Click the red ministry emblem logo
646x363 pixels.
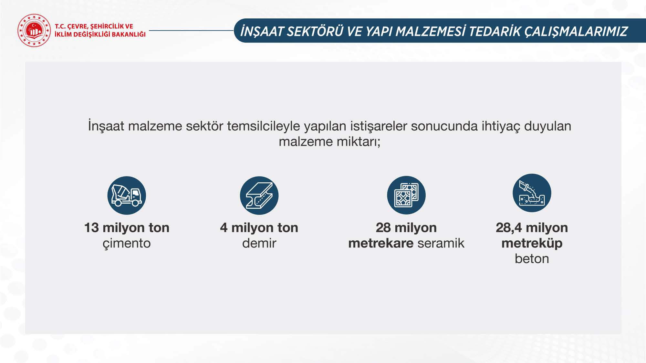point(34,30)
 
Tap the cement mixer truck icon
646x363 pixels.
point(127,196)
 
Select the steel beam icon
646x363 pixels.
point(259,196)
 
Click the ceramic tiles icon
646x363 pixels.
point(406,195)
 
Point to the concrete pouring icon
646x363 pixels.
point(532,193)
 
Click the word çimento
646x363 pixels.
point(127,243)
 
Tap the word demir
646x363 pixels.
point(259,243)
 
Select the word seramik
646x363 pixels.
point(441,243)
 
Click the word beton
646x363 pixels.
point(532,259)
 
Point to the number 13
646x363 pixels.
point(91,228)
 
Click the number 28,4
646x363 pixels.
point(509,228)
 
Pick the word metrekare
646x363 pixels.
point(381,243)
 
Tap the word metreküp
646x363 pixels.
point(532,243)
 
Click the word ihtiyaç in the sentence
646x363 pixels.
point(501,126)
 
